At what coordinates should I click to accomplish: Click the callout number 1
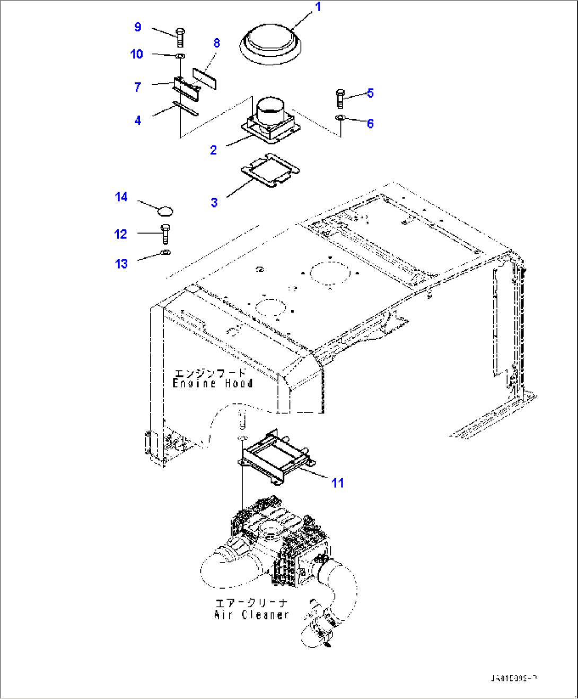click(318, 7)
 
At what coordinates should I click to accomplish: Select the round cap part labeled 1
click(270, 43)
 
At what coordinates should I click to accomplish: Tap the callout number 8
click(216, 43)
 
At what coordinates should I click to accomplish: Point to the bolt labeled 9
click(180, 37)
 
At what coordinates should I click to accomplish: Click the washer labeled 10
click(180, 56)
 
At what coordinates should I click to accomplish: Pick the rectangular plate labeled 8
click(205, 78)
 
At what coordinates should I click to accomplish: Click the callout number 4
click(138, 120)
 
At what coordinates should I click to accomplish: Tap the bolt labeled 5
click(340, 98)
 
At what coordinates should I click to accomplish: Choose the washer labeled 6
click(340, 117)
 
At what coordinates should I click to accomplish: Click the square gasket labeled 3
click(270, 170)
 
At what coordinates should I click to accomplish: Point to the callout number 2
click(213, 150)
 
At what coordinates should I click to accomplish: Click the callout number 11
click(337, 483)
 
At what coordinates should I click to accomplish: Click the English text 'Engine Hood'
click(213, 383)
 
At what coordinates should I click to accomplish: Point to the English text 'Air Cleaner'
click(251, 615)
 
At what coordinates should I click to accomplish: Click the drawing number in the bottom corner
click(513, 678)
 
